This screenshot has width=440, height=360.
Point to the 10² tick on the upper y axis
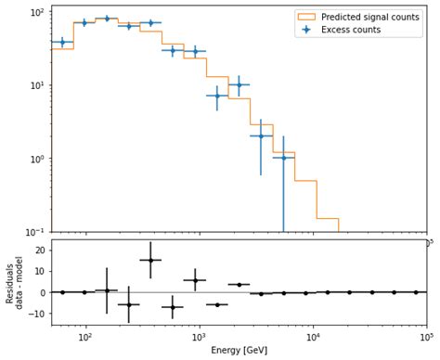[38, 12]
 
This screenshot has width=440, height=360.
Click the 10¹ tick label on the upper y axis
[38, 85]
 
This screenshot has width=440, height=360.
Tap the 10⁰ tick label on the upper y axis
[38, 159]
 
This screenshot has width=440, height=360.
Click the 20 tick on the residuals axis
[39, 251]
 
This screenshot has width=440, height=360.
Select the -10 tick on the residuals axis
[36, 314]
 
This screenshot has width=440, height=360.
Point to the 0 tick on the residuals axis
[43, 292]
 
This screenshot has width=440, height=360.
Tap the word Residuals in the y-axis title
[8, 282]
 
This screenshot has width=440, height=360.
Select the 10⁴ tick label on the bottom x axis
[313, 338]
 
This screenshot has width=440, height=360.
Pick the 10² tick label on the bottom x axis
[85, 338]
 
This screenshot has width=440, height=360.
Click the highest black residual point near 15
[150, 260]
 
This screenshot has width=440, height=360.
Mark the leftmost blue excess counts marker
[62, 42]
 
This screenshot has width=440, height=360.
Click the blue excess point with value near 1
[283, 158]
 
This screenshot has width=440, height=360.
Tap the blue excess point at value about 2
[261, 136]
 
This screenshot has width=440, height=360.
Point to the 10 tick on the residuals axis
[39, 271]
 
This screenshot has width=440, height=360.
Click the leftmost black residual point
[62, 292]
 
